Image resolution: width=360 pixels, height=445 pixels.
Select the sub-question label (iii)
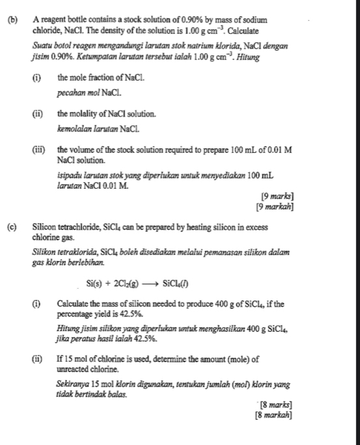tap(38, 150)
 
